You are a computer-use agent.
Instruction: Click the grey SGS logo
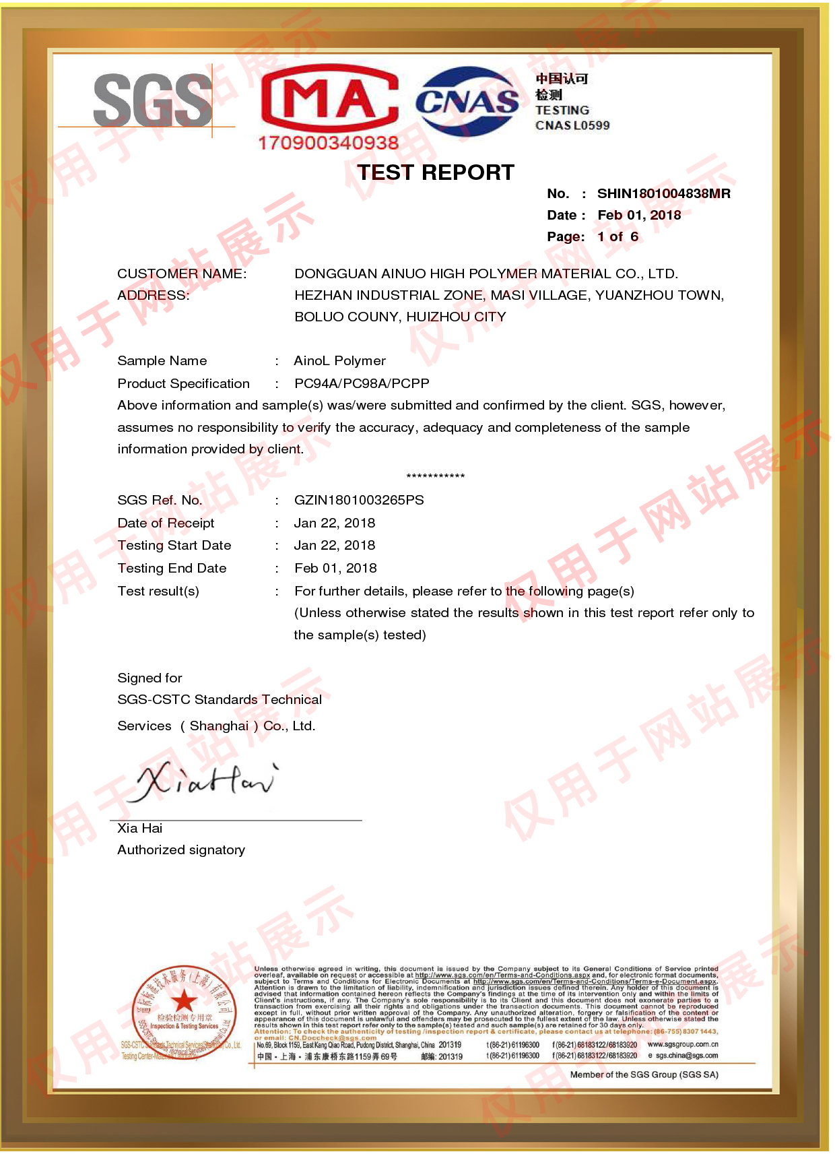click(x=152, y=101)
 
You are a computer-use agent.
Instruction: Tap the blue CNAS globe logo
click(x=467, y=101)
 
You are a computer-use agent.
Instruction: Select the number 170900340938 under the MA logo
click(x=328, y=143)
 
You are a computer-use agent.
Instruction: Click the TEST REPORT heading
click(x=435, y=172)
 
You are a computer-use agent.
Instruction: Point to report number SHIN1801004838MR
click(x=663, y=194)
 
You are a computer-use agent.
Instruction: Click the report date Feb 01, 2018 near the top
click(x=638, y=216)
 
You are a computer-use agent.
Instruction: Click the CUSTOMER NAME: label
click(x=182, y=274)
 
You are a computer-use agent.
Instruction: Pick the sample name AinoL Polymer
click(x=339, y=361)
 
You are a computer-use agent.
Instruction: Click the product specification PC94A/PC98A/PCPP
click(x=362, y=384)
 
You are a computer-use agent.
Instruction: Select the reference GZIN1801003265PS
click(x=359, y=501)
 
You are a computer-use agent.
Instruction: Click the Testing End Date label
click(x=172, y=569)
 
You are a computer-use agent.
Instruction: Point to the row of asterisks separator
click(x=435, y=476)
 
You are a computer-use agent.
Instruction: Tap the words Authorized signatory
click(x=181, y=850)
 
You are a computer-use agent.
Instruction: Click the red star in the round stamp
click(x=184, y=1001)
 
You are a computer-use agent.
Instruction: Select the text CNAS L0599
click(x=572, y=125)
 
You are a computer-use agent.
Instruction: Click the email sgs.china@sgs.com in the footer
click(x=686, y=1056)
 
